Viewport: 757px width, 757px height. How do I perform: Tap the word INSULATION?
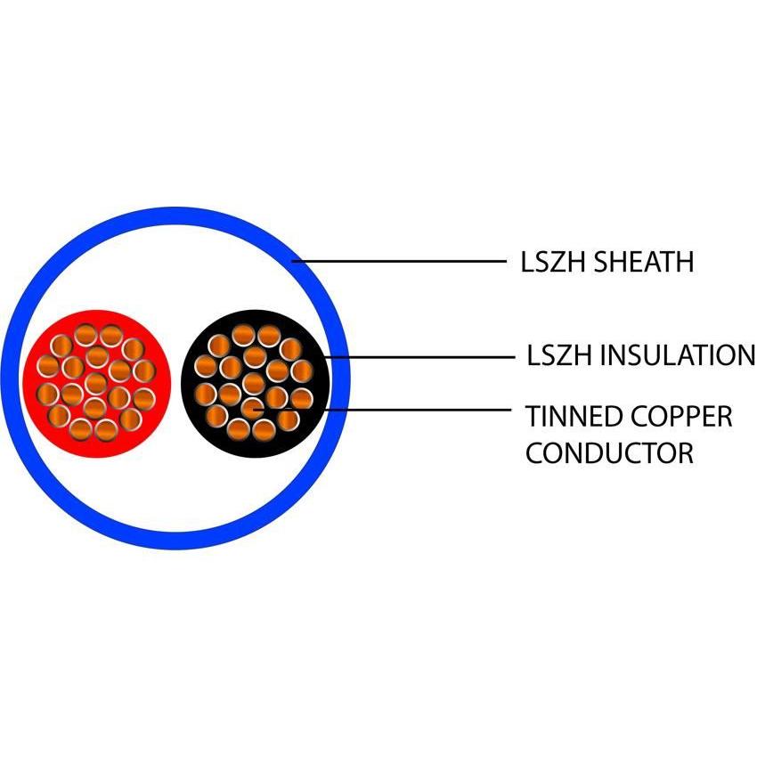pos(678,355)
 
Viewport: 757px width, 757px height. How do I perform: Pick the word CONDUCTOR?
pos(609,452)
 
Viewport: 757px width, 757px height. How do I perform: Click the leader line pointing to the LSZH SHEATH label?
pos(401,262)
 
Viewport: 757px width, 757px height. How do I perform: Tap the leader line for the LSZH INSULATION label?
pos(419,357)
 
